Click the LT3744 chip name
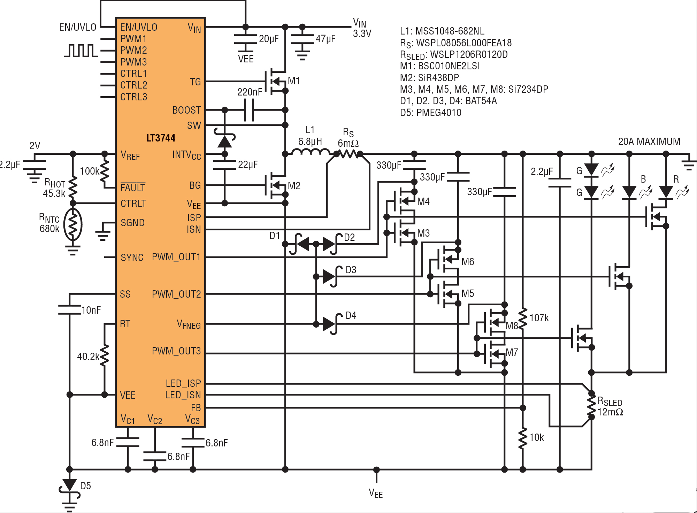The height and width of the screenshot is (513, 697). click(x=161, y=138)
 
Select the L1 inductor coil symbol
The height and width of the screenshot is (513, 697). click(x=311, y=152)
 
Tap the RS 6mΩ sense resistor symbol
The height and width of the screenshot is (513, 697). click(x=348, y=154)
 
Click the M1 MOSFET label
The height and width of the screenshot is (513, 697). click(x=294, y=81)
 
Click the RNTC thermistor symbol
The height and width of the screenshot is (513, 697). click(x=72, y=224)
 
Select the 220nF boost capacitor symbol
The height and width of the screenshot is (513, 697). click(x=249, y=110)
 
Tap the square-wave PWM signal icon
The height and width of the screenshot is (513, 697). click(x=81, y=51)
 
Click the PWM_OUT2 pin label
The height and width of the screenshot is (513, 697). click(x=176, y=294)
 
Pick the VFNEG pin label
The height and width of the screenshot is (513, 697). click(x=189, y=324)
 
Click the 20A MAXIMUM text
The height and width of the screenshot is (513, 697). click(x=649, y=141)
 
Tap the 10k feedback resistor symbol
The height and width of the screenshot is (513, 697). click(x=522, y=438)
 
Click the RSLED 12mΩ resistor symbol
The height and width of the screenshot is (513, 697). click(x=591, y=405)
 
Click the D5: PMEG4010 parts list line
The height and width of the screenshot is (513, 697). click(x=431, y=113)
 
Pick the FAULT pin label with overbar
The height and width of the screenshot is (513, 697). click(x=133, y=187)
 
